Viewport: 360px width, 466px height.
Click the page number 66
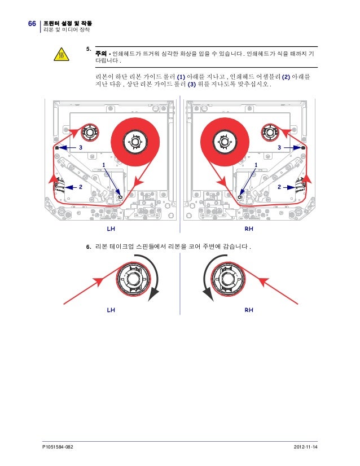point(32,23)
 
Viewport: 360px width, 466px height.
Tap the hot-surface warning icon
point(61,55)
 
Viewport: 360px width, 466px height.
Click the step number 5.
point(88,49)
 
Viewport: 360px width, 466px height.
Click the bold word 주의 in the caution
point(101,55)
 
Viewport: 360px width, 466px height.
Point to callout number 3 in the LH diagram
point(81,147)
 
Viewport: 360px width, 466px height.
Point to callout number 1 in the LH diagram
point(104,164)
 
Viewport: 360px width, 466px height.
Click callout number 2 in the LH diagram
point(81,186)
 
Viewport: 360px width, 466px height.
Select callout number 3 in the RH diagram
point(279,147)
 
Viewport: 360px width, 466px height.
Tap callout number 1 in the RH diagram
point(256,164)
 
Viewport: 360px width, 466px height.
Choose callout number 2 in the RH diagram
point(279,186)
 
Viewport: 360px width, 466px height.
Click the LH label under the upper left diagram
point(111,230)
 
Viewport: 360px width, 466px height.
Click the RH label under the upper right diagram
point(248,230)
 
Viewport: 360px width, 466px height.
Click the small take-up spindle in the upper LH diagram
point(89,133)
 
